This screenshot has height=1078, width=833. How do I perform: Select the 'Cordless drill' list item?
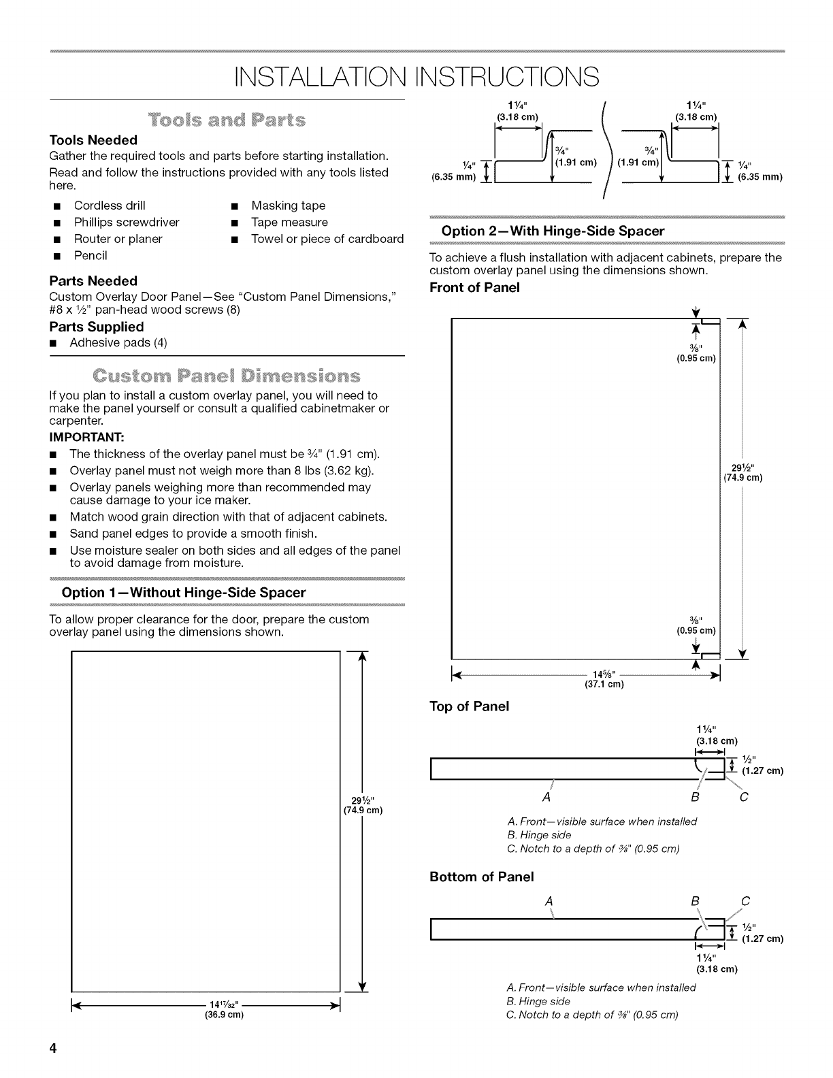[x=109, y=206]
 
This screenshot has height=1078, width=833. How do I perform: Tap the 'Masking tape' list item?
[x=288, y=206]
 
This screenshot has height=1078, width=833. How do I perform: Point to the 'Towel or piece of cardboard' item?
[x=327, y=239]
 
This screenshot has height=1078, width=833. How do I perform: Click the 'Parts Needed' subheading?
[x=93, y=280]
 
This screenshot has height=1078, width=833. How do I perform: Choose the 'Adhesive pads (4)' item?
[x=118, y=342]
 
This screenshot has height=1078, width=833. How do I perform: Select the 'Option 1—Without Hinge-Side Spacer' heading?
[x=184, y=592]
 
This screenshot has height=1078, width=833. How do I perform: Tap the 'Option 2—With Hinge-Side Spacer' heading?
[x=553, y=231]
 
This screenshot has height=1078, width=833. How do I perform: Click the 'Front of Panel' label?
[x=474, y=287]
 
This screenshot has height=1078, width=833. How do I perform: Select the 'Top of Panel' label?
[x=469, y=706]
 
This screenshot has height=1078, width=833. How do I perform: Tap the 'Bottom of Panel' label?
[x=481, y=876]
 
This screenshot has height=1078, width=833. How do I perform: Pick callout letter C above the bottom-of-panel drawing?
[x=745, y=902]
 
